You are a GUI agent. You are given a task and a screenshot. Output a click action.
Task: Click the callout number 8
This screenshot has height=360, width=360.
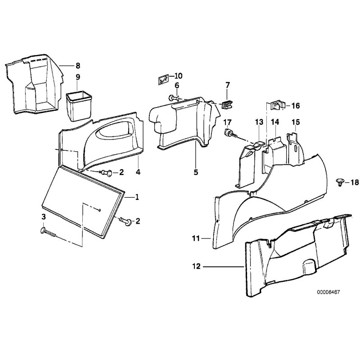click(x=77, y=66)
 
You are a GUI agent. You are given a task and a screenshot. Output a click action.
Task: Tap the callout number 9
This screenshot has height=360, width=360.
click(x=77, y=76)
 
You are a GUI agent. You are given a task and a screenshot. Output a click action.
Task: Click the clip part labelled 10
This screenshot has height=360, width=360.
click(x=163, y=80)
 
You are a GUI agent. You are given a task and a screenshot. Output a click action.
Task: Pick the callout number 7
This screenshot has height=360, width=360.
click(x=227, y=85)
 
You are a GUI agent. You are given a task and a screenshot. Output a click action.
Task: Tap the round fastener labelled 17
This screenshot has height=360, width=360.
click(x=229, y=133)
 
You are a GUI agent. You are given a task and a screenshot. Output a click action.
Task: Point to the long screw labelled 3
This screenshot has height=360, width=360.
click(x=50, y=234)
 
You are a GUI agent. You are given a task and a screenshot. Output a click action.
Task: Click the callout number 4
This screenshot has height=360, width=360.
click(x=138, y=172)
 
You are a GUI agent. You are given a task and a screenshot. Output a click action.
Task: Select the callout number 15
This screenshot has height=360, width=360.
click(x=295, y=122)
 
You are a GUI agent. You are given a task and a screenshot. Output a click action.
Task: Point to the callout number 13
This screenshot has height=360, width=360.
click(x=259, y=122)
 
